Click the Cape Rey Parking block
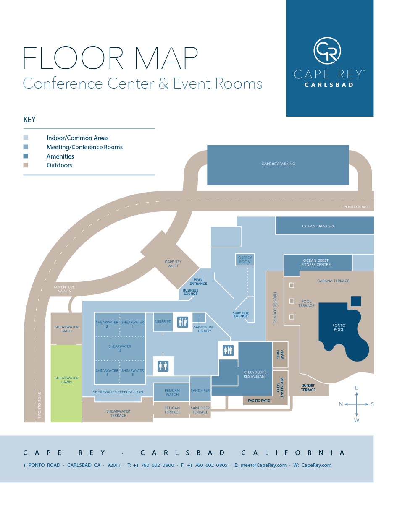click(278, 164)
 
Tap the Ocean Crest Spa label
click(318, 226)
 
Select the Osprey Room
click(245, 260)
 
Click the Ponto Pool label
click(339, 328)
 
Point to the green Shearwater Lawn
click(66, 380)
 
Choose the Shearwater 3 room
click(120, 348)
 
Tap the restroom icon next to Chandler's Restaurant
click(228, 350)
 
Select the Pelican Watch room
click(172, 392)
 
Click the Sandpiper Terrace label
click(200, 410)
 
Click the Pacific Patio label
click(259, 401)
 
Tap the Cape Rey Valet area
click(173, 264)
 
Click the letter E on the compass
click(356, 388)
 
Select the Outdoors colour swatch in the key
click(26, 165)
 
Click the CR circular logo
click(327, 51)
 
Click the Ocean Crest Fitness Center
click(316, 263)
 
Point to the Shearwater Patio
click(66, 329)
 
